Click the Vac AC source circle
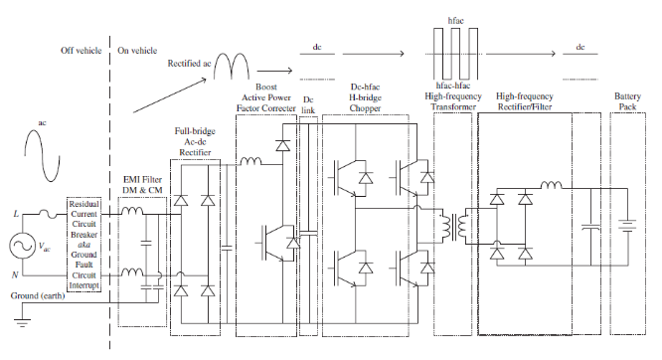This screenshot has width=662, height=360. tap(22, 246)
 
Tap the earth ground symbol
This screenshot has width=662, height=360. tap(22, 323)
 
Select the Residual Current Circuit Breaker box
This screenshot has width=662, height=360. tap(84, 245)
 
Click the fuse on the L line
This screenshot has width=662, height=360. tap(51, 214)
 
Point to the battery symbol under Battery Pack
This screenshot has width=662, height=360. tap(627, 225)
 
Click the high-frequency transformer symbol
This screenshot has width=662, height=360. tap(453, 226)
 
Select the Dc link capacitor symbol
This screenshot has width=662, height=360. tap(308, 234)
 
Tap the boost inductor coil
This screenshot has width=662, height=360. tap(250, 161)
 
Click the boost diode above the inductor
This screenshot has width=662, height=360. tap(282, 146)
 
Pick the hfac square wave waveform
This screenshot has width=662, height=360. tap(455, 54)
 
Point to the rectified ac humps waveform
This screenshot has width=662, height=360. tap(232, 66)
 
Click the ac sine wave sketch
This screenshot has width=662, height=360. tap(42, 155)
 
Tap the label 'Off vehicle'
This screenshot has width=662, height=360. tap(81, 51)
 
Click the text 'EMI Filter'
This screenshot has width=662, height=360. tap(142, 180)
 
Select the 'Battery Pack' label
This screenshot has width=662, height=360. tap(627, 101)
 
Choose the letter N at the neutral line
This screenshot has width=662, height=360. tap(15, 275)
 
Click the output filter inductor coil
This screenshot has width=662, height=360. tap(552, 185)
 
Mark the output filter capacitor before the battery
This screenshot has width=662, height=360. tap(590, 228)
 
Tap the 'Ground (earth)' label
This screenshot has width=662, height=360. tap(38, 296)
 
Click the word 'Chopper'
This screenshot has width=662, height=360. tap(365, 108)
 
